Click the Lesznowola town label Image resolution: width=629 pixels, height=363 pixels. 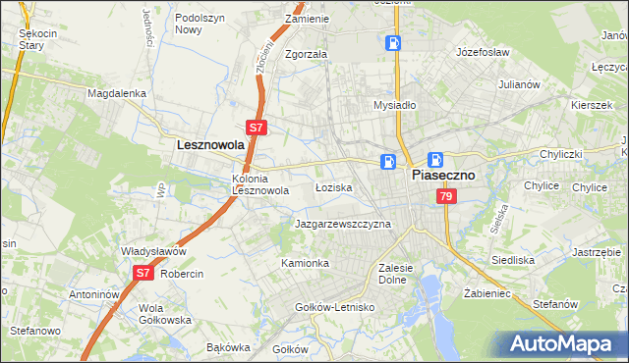coord(209,144)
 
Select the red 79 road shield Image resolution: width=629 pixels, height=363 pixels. coord(447,197)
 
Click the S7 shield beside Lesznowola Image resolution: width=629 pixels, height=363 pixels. coord(256,128)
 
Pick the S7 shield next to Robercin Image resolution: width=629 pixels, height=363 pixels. coord(143,273)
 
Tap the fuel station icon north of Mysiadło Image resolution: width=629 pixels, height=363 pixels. coord(392,43)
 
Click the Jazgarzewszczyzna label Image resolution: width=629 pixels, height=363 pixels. coord(343,224)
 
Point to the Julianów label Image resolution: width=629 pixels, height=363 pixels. coord(520,84)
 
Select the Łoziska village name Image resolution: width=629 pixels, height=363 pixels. coord(333,186)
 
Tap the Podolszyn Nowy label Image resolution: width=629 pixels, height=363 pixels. coord(201,24)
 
